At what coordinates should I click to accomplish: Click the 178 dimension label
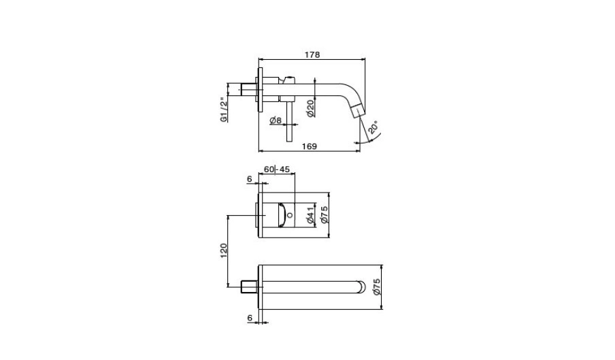312,54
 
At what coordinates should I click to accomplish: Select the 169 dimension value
309,146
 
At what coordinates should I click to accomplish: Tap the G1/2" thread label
224,109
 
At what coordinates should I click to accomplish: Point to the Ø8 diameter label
276,120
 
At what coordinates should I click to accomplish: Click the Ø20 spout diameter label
310,108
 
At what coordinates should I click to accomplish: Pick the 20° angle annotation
373,128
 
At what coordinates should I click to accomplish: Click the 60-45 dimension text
276,169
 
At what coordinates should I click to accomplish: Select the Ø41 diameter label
311,215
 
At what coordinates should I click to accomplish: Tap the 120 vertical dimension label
224,250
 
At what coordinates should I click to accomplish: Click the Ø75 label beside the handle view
324,215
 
